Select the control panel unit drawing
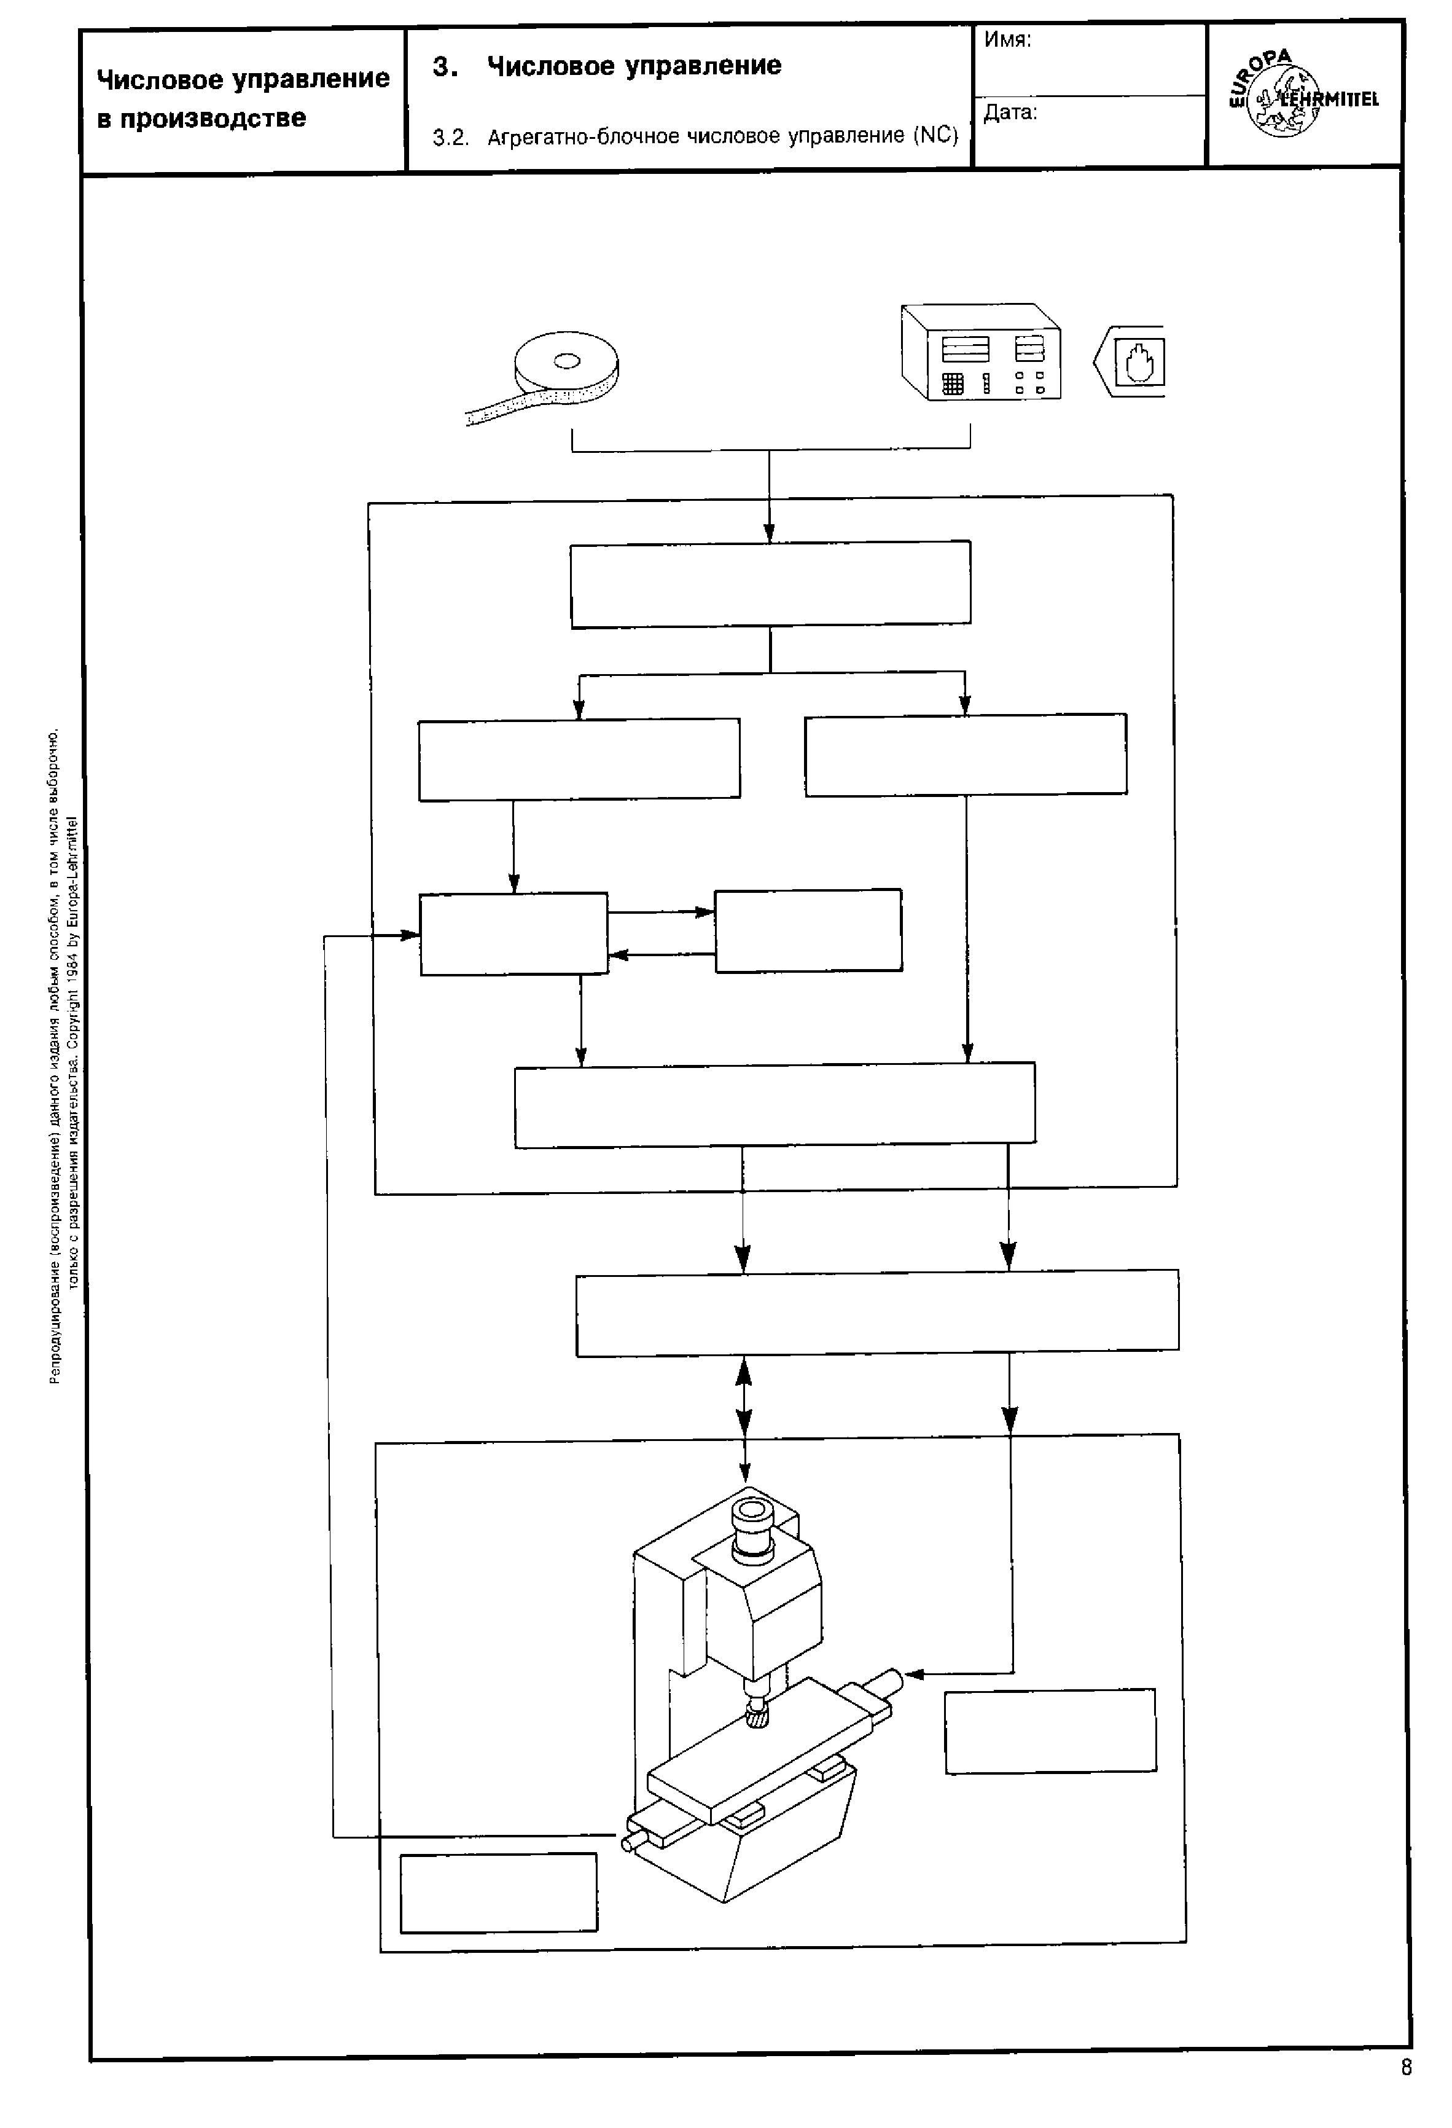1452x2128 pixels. click(x=980, y=353)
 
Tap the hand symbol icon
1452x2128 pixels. click(x=1138, y=362)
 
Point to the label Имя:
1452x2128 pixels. click(x=1007, y=41)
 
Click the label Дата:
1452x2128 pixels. click(x=1010, y=112)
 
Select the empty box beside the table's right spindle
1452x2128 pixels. click(x=1050, y=1732)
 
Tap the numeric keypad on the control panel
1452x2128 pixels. click(x=952, y=385)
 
